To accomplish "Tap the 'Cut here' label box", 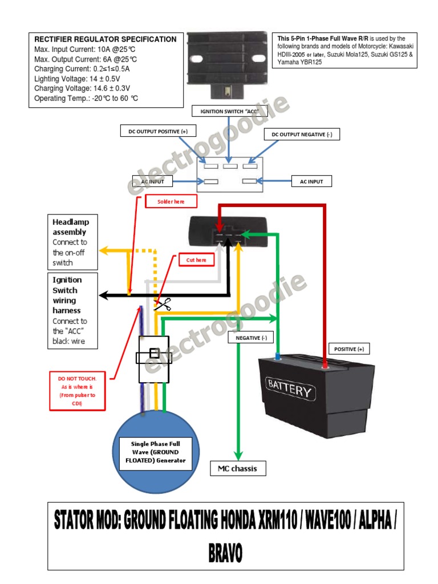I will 196,260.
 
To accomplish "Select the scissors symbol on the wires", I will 163,306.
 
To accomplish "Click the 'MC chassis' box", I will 238,469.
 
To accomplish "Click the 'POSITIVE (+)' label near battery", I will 349,349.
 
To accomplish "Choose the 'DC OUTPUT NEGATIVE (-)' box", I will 302,135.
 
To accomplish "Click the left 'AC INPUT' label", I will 153,182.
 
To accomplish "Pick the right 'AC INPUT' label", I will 311,182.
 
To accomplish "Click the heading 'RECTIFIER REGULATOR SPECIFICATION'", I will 106,39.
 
